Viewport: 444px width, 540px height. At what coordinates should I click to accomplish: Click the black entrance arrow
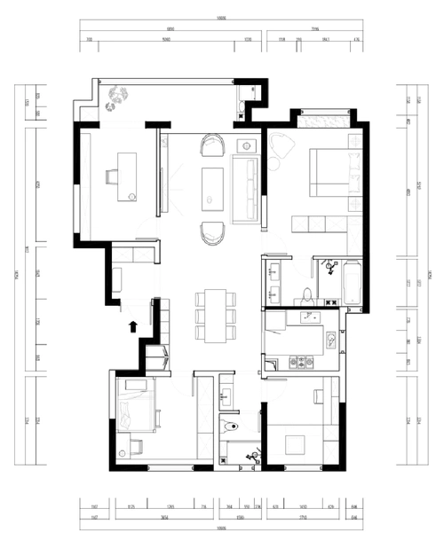click(132, 326)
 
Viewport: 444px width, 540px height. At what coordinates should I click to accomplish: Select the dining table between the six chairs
click(213, 314)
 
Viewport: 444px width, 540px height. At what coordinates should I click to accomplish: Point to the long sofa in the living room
click(243, 187)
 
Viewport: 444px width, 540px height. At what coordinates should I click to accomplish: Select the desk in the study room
click(126, 172)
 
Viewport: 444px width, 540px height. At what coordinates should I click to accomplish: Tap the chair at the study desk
click(110, 176)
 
